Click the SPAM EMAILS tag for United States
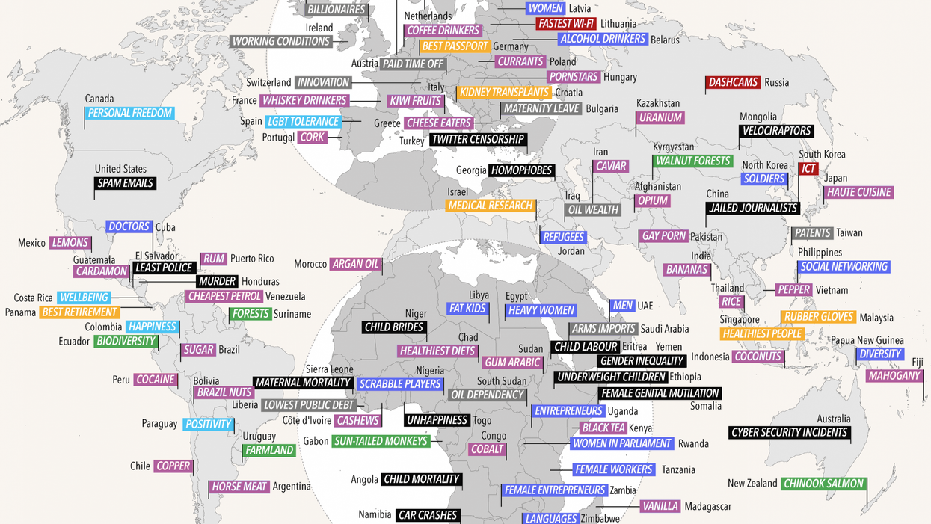click(x=126, y=183)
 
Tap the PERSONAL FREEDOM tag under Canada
click(x=130, y=114)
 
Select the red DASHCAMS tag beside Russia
click(x=733, y=83)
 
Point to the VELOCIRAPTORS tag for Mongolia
click(x=776, y=131)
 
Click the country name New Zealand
click(x=752, y=484)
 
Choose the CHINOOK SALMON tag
click(x=824, y=484)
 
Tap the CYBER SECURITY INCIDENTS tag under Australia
click(x=790, y=432)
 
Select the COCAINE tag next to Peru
click(x=156, y=380)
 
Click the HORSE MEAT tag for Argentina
click(x=239, y=487)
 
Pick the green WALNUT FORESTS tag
click(x=692, y=161)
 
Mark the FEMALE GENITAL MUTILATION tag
click(x=660, y=393)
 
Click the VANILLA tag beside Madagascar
click(x=660, y=506)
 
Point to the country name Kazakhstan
click(x=658, y=103)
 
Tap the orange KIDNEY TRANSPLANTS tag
click(x=505, y=93)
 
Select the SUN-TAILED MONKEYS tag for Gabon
click(x=381, y=441)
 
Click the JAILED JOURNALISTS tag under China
click(x=752, y=209)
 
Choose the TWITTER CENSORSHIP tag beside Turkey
click(x=478, y=139)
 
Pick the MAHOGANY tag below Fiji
click(x=894, y=376)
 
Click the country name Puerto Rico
click(x=252, y=259)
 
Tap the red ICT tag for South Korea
click(x=808, y=169)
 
